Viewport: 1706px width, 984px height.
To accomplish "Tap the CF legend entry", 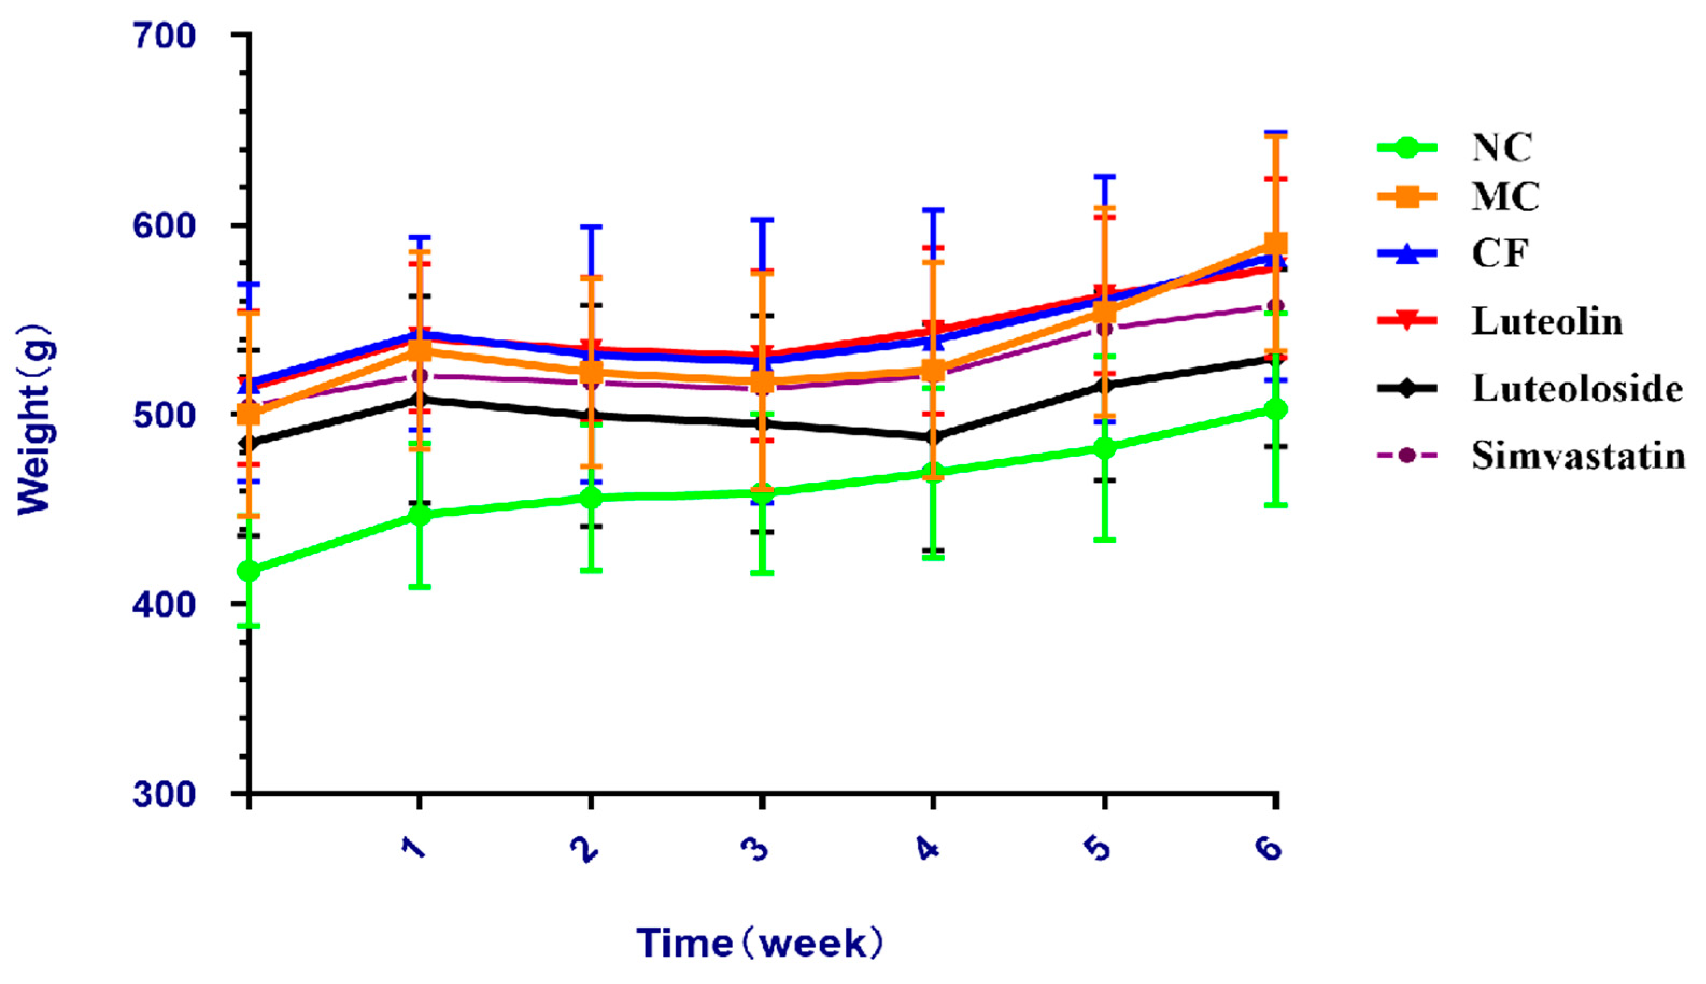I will click(x=1499, y=254).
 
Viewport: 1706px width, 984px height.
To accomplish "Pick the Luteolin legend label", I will click(x=1547, y=321).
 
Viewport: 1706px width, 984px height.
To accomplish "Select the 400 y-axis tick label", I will click(x=164, y=604).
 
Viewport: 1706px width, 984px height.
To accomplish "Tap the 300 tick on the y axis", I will click(x=164, y=793).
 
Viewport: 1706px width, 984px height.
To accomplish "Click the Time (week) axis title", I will click(x=760, y=944).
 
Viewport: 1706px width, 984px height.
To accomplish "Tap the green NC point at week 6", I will click(x=1275, y=409).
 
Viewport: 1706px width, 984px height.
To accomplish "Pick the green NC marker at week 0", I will click(x=249, y=571).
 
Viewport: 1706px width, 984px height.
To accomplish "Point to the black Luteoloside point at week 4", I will click(x=933, y=437).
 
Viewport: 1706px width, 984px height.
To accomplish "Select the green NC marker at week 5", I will click(x=1104, y=448).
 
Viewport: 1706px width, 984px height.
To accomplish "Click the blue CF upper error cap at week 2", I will click(x=591, y=227).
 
